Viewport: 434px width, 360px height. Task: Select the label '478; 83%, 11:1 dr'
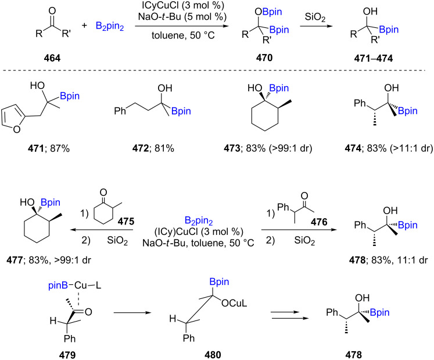(x=383, y=252)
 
